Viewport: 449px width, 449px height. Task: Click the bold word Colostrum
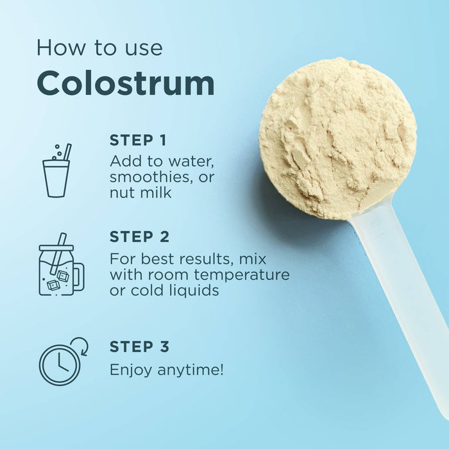126,83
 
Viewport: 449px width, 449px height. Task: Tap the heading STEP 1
138,140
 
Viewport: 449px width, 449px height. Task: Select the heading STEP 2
139,237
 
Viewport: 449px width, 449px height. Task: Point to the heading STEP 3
139,346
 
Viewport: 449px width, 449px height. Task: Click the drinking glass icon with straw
56,171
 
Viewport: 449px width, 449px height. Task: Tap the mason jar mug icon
62,264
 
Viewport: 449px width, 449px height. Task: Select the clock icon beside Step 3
64,361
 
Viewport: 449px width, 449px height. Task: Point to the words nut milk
140,192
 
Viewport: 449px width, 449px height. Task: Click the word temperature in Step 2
242,275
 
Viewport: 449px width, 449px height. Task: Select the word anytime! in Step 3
191,370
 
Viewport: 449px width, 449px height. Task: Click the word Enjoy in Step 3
131,370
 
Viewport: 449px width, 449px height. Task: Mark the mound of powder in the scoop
337,138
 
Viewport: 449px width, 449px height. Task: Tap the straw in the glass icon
67,152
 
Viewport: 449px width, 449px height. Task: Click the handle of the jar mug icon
80,276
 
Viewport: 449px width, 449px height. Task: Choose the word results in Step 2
205,259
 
